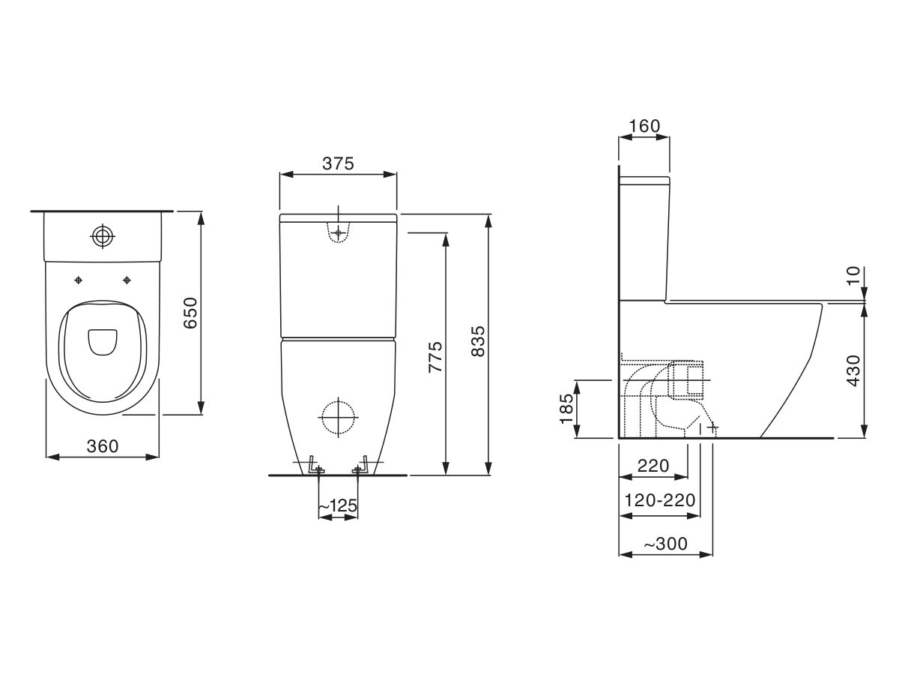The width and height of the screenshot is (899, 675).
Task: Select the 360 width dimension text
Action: pos(103,445)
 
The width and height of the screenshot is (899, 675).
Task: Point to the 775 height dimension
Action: pos(435,358)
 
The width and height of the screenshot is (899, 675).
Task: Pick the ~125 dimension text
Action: pos(338,508)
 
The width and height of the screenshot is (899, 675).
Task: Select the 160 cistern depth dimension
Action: pos(644,126)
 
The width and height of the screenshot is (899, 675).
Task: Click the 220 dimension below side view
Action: pos(653,466)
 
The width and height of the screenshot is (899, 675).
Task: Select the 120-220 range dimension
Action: pos(660,500)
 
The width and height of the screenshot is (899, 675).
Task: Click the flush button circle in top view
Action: pos(103,237)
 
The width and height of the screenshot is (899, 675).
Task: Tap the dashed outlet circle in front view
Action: pos(337,415)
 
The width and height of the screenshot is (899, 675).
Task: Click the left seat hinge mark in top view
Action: pos(78,280)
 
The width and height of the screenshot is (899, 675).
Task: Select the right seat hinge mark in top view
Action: pos(127,280)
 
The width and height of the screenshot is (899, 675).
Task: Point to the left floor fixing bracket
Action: pos(315,466)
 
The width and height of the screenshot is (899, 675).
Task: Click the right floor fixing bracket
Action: pos(361,466)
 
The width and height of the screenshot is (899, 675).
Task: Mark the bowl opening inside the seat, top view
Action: pos(103,342)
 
